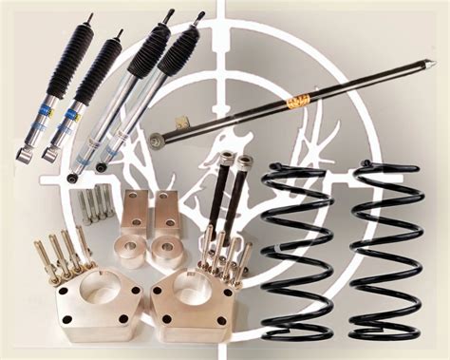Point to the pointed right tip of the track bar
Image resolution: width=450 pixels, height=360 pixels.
(432, 65)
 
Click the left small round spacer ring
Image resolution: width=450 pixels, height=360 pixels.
(128, 252)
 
